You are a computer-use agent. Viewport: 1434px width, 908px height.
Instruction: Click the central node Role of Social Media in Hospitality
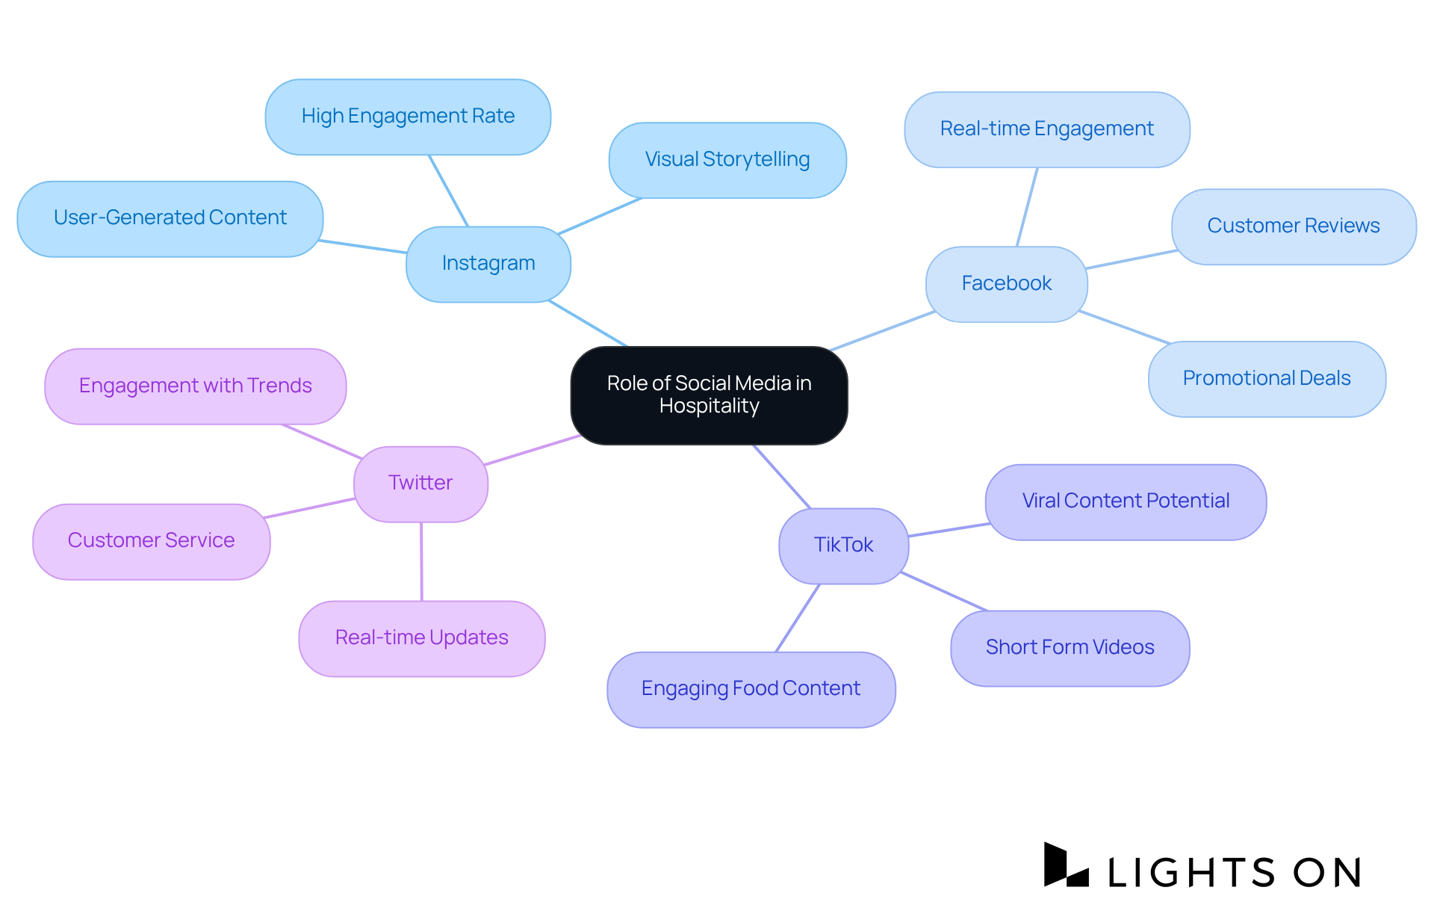point(709,395)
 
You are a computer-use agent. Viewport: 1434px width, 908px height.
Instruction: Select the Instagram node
point(488,264)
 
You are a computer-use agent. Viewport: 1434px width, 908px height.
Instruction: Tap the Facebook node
point(1006,284)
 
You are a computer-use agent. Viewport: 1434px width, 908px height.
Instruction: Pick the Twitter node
point(420,484)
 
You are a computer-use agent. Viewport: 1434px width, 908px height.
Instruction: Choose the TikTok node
point(843,546)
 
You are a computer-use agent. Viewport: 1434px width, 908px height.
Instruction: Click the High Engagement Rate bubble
point(408,117)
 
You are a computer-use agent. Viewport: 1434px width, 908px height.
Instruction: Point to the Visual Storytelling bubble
point(727,160)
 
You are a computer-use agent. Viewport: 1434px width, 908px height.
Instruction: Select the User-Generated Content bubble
point(170,218)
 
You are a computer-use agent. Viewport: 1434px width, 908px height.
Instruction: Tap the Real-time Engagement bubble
point(1046,129)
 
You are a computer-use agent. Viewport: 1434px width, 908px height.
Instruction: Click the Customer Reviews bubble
point(1294,226)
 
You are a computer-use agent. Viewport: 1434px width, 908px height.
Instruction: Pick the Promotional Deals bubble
point(1267,379)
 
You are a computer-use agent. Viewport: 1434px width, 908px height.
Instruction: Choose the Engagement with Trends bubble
point(195,386)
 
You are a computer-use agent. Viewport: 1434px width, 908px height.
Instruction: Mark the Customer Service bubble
point(152,541)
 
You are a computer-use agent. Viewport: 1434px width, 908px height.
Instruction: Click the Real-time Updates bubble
point(422,638)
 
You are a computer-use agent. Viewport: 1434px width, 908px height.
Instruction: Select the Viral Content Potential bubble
point(1126,501)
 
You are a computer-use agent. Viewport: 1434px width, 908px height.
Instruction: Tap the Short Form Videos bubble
point(1070,648)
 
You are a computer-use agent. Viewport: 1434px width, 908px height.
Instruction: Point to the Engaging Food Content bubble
point(751,689)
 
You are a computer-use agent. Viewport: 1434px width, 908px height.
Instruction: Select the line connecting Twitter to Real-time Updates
point(421,561)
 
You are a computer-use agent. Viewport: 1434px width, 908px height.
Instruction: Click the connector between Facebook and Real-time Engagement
point(1027,207)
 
